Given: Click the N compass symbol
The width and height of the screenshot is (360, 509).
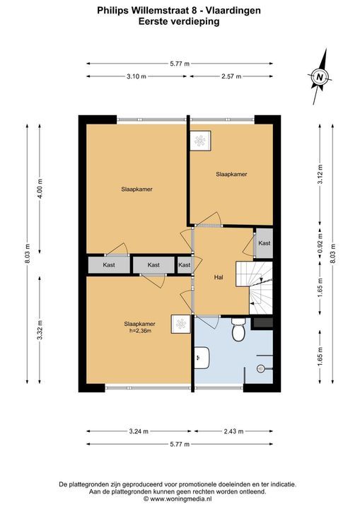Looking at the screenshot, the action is tap(320, 77).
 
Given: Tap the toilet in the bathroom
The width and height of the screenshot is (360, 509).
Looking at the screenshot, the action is tap(238, 329).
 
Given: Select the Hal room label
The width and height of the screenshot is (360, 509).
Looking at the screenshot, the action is tap(219, 278).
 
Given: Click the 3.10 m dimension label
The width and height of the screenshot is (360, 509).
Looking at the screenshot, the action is tap(137, 76).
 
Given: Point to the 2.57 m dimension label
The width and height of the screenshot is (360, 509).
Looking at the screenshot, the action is tap(231, 76).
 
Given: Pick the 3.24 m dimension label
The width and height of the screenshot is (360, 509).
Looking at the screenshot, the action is tap(139, 431).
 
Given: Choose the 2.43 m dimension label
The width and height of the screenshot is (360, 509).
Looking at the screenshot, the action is tap(233, 431).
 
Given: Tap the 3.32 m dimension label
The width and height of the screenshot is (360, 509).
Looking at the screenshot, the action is tap(40, 330).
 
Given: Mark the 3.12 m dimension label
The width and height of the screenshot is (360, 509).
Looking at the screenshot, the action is tap(320, 174).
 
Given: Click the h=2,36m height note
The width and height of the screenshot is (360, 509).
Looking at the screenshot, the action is tap(140, 331).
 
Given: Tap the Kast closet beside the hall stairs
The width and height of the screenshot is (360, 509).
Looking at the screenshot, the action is tap(264, 243).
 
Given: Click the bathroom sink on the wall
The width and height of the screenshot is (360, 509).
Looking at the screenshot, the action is tap(202, 358).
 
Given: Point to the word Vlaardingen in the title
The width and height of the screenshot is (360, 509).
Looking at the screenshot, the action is tap(233, 11).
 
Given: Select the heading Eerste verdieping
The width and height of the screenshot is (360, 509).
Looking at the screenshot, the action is tap(179, 22).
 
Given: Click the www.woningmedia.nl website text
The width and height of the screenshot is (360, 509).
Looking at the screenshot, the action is tap(181, 498).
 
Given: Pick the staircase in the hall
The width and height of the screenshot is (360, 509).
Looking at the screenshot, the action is tap(254, 288).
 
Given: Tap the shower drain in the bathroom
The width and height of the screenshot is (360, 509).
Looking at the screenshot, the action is tap(260, 368).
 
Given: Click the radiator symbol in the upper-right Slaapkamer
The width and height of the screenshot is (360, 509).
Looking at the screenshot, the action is tap(200, 141).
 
